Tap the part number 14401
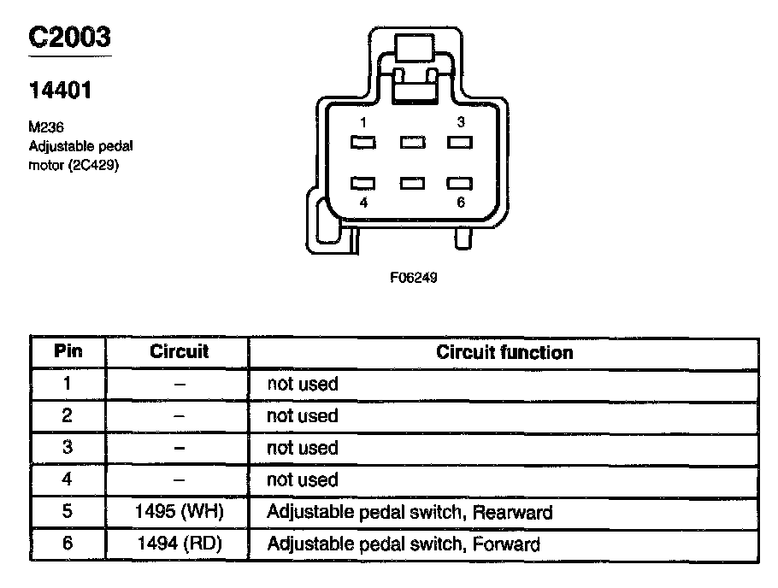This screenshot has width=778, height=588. click(x=60, y=89)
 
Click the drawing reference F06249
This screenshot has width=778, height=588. click(x=414, y=278)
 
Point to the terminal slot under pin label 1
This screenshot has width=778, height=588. click(x=363, y=143)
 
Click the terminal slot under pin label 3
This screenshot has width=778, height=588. click(x=461, y=143)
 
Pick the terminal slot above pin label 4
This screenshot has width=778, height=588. click(x=363, y=183)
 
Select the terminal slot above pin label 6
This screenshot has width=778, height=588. click(x=461, y=183)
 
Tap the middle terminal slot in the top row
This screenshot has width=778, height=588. click(x=413, y=143)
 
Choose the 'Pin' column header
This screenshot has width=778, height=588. click(x=68, y=352)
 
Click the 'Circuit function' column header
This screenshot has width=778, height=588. click(x=504, y=352)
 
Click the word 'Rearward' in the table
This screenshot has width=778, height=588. click(x=512, y=513)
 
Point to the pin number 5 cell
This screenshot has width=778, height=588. click(x=68, y=513)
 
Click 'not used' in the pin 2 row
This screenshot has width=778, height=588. click(x=303, y=416)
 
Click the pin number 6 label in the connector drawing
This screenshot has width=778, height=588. click(x=461, y=203)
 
